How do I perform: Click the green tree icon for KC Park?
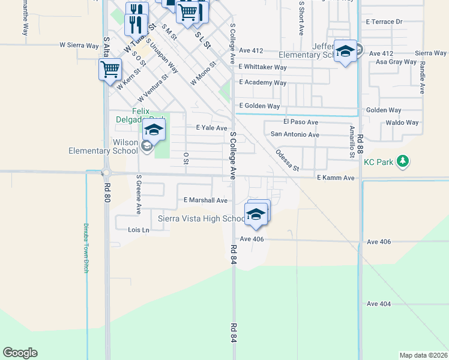pos(403,161)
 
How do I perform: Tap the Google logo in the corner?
pos(20,353)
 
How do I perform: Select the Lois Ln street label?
pos(138,230)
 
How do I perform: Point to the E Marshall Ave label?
pos(206,200)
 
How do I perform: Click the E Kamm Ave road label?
pos(336,178)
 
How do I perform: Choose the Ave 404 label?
pos(378,304)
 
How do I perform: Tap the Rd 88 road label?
pos(360,146)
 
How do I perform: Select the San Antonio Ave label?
pos(295,135)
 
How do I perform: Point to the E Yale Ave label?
pos(212,128)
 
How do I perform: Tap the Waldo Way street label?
pos(402,122)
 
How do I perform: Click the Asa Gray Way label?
pos(396,62)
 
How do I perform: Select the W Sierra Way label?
pos(79,45)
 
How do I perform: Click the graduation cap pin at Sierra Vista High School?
pos(256,214)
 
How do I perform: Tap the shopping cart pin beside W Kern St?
pos(110,69)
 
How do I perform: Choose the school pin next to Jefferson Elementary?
pos(345,51)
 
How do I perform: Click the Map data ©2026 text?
pos(424,355)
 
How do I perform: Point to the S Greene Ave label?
pos(138,194)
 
